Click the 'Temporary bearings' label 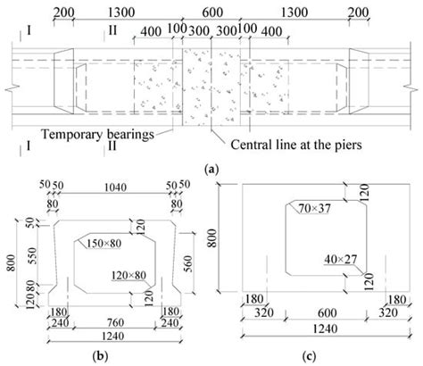[98, 134]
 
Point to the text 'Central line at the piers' [296, 145]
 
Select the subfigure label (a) [211, 170]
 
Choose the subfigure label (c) [310, 355]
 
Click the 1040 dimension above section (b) [115, 187]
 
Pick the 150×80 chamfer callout [104, 244]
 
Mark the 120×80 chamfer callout [129, 275]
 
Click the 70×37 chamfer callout [314, 209]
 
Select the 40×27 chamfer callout [340, 259]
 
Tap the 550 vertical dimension [32, 255]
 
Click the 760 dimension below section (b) [115, 322]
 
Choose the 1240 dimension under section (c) [326, 329]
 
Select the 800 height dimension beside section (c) [212, 238]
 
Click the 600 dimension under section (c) [328, 313]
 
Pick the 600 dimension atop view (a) [212, 12]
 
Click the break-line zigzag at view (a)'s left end [12, 88]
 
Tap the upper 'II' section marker [112, 30]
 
